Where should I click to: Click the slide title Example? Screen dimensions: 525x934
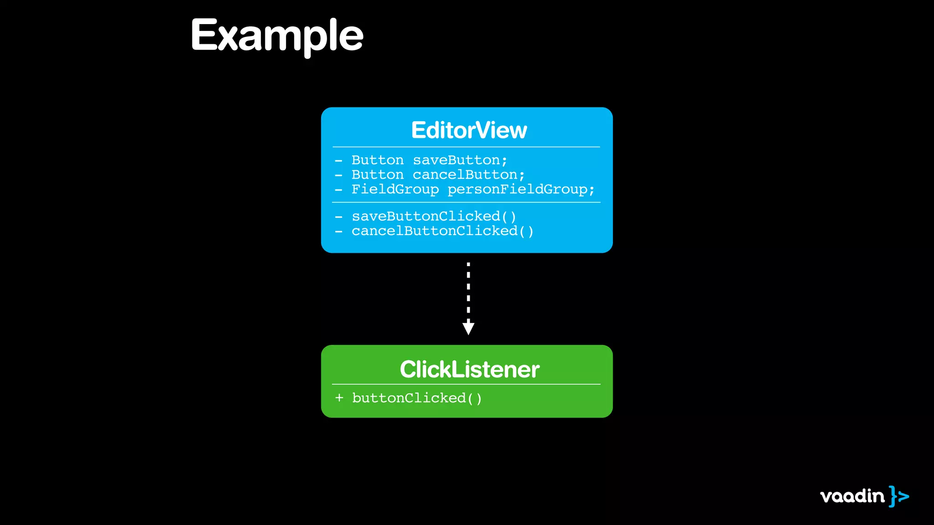point(277,36)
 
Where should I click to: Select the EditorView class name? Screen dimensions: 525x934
point(469,130)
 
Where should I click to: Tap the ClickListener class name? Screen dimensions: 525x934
point(469,369)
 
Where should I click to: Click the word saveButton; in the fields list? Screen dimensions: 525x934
point(460,160)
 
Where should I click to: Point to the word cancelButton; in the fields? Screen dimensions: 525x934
point(468,175)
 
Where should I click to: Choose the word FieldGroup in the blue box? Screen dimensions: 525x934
point(395,190)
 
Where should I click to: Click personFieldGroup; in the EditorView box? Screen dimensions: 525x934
point(521,190)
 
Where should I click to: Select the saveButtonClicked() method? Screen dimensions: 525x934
point(434,216)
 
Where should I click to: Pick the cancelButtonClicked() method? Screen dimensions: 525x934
point(442,231)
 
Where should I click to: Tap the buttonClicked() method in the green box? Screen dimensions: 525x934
point(417,398)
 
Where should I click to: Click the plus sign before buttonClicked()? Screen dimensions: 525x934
point(339,398)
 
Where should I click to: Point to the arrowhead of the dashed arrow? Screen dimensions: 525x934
point(468,328)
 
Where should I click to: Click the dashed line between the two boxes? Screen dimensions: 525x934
point(468,292)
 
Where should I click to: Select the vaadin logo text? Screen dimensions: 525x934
point(852,496)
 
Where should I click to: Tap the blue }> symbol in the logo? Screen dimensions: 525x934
point(899,496)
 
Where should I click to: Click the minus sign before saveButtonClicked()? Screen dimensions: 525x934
point(338,217)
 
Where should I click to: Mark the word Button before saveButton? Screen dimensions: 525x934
point(377,160)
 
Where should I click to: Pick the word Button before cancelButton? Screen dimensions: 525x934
point(377,175)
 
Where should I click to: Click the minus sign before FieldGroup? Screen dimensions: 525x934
point(338,190)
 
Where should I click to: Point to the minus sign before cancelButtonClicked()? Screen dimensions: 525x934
point(338,232)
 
